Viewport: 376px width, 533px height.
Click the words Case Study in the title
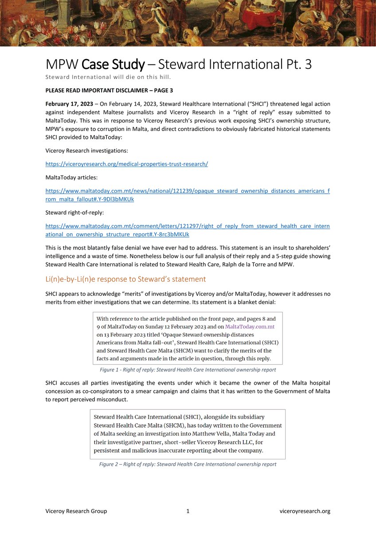113,65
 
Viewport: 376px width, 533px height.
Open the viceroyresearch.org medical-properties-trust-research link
126,164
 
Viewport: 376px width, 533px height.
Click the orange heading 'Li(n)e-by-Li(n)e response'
125,279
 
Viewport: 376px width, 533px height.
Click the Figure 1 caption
188,370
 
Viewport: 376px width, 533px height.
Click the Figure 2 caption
188,464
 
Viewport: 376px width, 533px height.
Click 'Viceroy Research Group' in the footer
76,511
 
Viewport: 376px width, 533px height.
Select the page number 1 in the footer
188,511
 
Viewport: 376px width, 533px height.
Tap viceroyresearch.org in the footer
305,511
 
